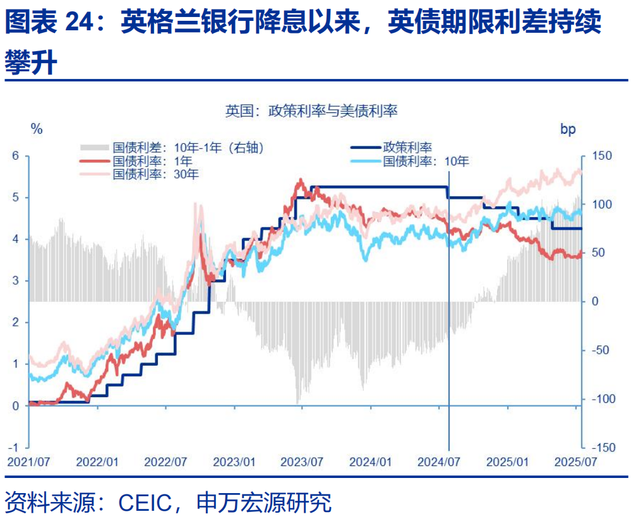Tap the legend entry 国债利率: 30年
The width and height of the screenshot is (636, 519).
coord(155,174)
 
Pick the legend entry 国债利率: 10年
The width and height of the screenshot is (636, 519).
coord(426,161)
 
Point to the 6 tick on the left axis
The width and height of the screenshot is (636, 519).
coord(16,156)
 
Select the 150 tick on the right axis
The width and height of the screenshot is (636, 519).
coord(597,156)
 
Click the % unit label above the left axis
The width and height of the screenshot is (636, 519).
coord(37,129)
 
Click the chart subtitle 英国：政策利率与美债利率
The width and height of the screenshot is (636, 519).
coord(311,111)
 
